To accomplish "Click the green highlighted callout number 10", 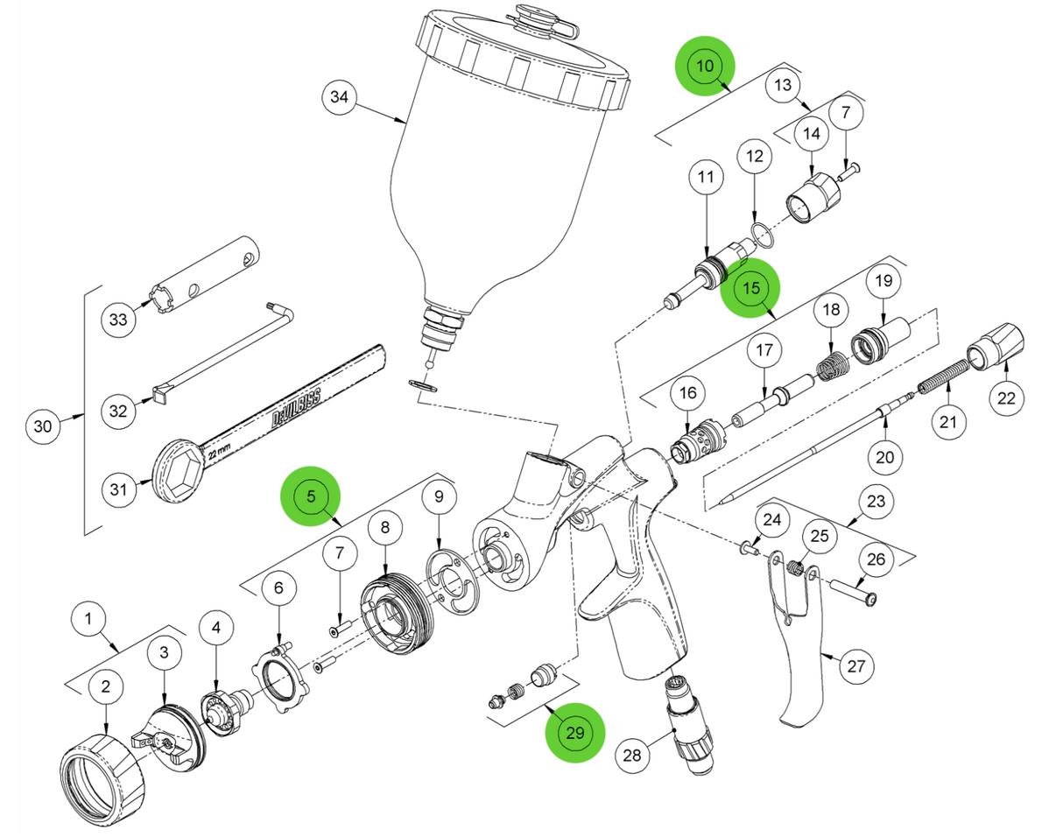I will (705, 65).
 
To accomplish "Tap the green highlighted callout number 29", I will (574, 732).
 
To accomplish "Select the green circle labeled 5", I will (310, 496).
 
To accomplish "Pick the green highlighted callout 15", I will (750, 287).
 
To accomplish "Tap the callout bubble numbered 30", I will (42, 427).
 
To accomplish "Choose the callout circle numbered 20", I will (884, 456).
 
